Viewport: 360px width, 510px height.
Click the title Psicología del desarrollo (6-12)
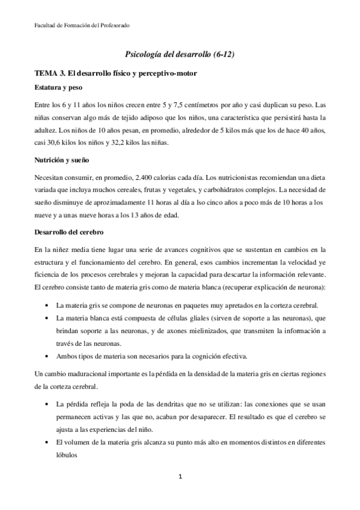coord(180,54)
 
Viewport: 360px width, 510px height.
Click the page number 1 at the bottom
coord(180,477)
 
